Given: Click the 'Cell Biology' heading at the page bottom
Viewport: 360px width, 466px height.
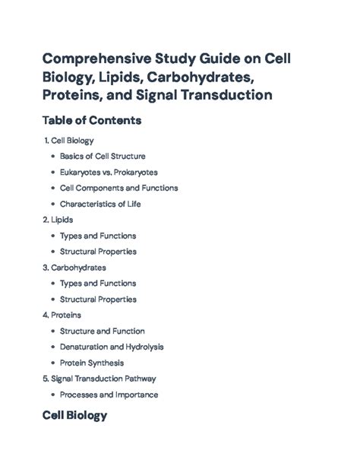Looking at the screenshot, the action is tap(74, 416).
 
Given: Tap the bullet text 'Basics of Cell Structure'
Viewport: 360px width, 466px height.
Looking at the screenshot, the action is tap(103, 156).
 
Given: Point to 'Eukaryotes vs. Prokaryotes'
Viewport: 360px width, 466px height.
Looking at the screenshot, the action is tap(109, 172).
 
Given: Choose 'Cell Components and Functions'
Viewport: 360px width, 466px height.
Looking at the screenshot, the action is tap(118, 188).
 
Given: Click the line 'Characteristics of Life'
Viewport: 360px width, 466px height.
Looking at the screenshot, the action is tap(100, 204).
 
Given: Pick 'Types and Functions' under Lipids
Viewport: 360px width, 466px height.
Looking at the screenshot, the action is tap(98, 236).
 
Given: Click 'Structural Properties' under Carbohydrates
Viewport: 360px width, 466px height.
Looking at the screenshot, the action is tap(98, 299).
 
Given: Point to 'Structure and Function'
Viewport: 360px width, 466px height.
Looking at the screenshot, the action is tap(102, 331).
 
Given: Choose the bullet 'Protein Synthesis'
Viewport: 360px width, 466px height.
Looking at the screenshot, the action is tap(92, 363).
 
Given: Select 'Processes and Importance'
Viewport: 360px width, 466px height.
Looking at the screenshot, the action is tap(109, 395).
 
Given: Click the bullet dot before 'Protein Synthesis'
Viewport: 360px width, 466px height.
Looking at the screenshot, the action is tap(52, 363).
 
